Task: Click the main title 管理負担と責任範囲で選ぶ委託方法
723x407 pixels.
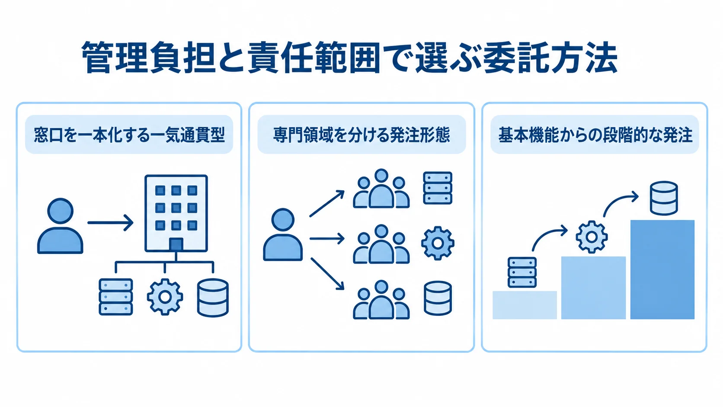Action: click(349, 58)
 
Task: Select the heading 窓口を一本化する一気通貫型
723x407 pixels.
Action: click(129, 135)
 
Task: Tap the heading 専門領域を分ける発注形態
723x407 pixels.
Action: click(361, 135)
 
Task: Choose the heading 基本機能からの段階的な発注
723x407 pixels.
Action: click(595, 135)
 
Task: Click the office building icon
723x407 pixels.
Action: click(176, 213)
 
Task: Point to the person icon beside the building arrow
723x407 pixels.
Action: click(61, 226)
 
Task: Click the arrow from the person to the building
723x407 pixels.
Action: click(110, 222)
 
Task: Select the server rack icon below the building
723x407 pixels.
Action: click(115, 297)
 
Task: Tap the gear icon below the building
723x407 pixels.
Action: click(165, 297)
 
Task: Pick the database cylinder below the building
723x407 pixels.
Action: click(213, 298)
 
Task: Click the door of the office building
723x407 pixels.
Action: click(176, 245)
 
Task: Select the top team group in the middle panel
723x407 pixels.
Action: click(381, 189)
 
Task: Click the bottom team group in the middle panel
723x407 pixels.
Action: click(381, 300)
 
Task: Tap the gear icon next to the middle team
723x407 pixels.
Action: click(438, 243)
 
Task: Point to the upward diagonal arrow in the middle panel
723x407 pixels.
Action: click(326, 203)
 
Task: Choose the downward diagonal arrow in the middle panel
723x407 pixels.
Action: click(327, 274)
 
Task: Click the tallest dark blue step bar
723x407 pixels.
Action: click(662, 269)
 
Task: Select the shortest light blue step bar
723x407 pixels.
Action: click(525, 305)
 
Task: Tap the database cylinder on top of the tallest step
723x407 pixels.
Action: click(664, 198)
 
